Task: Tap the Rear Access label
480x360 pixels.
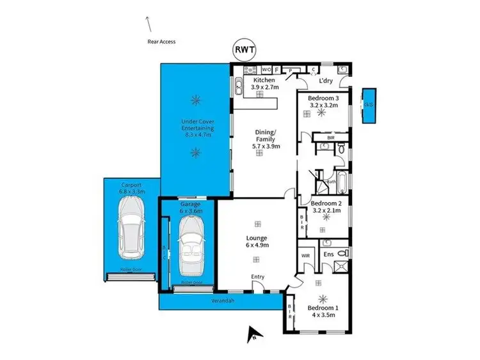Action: tap(161, 42)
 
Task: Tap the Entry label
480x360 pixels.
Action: tap(258, 276)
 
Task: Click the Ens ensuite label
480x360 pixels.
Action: tap(329, 254)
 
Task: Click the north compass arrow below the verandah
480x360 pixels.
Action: tap(254, 331)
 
